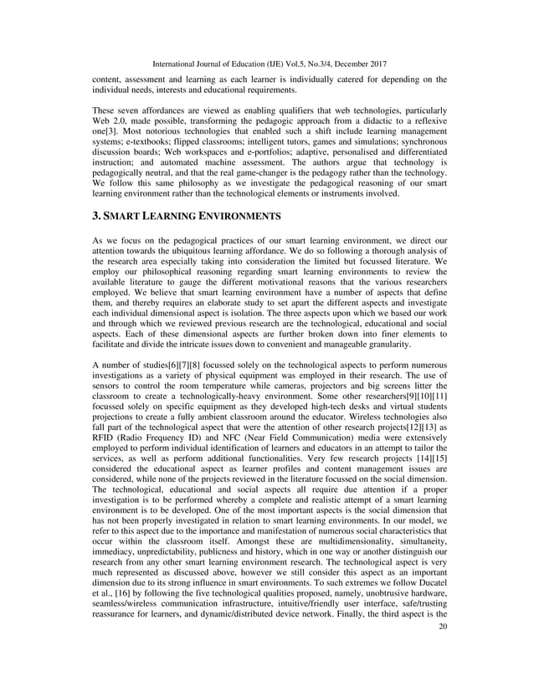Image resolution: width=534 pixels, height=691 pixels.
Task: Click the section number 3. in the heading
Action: click(96, 216)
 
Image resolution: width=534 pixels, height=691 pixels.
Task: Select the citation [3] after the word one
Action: click(108, 136)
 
